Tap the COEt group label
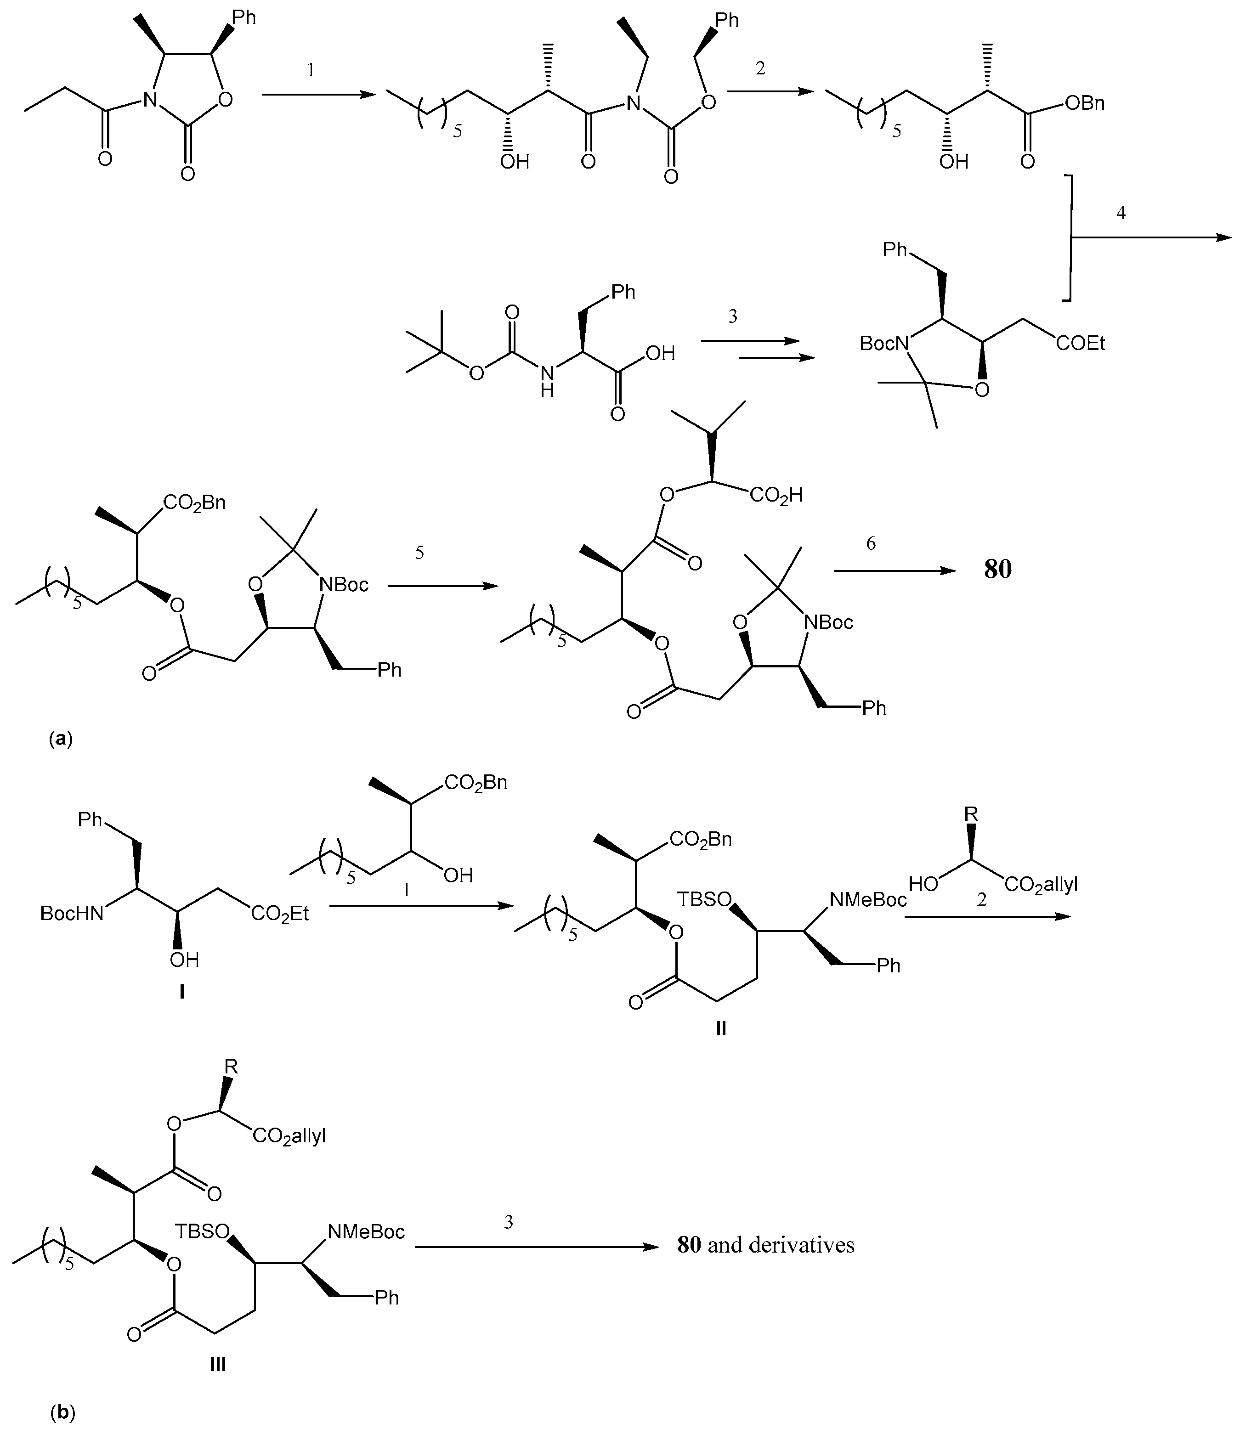coord(1080,343)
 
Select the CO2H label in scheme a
coord(776,496)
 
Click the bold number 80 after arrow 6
coord(998,569)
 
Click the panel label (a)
coord(60,739)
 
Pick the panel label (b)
coord(62,1412)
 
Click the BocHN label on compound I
coord(72,914)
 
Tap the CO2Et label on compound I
coord(280,914)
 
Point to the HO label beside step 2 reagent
coord(923,885)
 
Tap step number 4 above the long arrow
coord(1121,213)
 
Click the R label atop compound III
coord(231,1067)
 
